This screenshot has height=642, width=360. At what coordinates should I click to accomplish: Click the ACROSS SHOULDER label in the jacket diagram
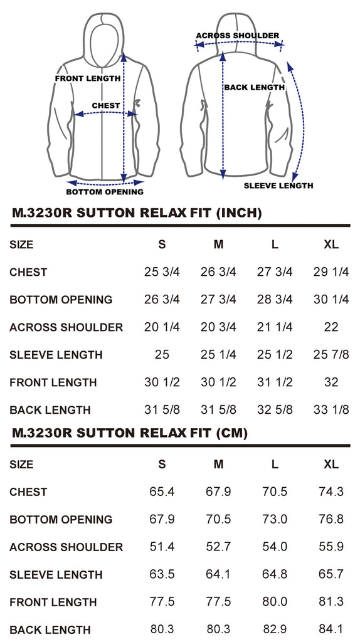pos(237,36)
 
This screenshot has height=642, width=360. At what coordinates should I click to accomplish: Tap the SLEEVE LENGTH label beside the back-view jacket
pos(278,186)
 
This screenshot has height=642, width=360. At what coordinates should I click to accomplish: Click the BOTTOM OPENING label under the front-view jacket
pos(105,192)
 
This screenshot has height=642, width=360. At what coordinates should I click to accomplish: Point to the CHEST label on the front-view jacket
pos(106,105)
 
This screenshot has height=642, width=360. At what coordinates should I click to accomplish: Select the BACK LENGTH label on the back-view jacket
pos(255,87)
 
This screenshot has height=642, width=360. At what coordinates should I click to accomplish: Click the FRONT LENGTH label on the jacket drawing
pos(88,78)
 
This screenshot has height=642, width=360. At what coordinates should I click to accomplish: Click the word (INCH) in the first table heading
pos(239,213)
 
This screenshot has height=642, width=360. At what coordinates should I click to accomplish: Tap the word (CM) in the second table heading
pos(232,433)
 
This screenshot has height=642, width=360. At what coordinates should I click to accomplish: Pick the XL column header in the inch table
pos(331,245)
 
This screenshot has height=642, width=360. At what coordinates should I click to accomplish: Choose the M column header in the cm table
pos(219,465)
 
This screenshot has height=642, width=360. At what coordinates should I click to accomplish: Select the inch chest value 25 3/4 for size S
pos(162,272)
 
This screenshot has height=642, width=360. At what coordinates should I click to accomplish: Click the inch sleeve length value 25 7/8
pos(331,355)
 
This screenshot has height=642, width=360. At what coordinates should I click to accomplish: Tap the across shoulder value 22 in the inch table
pos(331,327)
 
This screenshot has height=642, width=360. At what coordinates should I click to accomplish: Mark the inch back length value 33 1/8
pos(331,409)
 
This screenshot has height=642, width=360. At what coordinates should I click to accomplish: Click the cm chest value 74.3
pos(331,492)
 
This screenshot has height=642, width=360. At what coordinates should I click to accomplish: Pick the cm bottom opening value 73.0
pos(275,519)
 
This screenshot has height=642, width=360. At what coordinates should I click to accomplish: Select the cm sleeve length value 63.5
pos(162,574)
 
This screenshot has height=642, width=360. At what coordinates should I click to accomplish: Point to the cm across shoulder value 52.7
pos(219,547)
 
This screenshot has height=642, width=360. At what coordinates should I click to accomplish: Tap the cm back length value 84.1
pos(331,629)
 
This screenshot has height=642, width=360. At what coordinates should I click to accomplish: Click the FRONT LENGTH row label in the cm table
pos(53,602)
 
